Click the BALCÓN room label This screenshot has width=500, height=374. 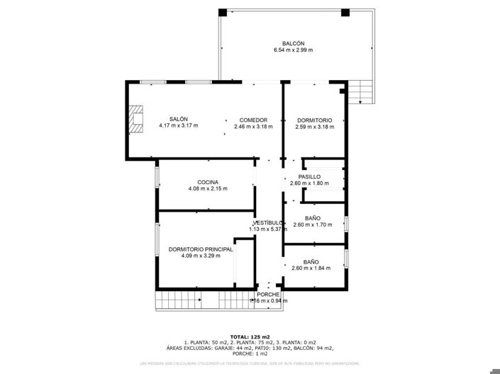click(293, 43)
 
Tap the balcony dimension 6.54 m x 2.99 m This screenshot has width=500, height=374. click(293, 50)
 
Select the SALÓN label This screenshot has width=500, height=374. click(178, 119)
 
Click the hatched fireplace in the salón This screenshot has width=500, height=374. click(136, 120)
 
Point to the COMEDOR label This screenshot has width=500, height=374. click(252, 120)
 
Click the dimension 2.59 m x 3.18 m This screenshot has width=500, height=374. click(314, 127)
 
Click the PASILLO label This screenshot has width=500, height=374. click(309, 176)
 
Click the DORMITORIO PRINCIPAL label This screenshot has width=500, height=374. click(201, 249)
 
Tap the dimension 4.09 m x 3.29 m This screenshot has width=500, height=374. click(201, 256)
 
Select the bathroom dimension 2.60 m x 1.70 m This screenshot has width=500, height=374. click(312, 225)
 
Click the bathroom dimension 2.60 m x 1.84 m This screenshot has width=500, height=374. click(312, 268)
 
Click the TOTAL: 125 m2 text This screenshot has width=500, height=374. click(250, 336)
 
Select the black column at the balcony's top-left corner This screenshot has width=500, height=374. click(223, 12)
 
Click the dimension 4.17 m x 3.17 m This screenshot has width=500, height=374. click(178, 126)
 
